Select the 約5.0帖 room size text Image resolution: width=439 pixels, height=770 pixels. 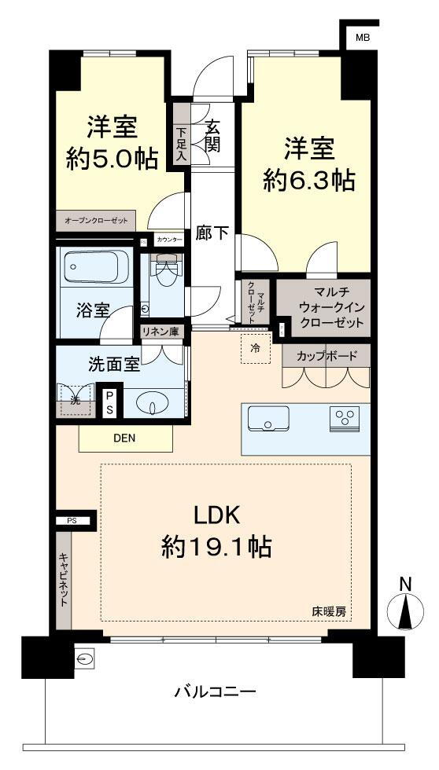point(113,159)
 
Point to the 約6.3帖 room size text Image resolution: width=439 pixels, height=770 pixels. point(308,180)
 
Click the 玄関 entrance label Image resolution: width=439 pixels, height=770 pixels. point(212,136)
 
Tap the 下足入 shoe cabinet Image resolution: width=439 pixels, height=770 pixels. point(182,137)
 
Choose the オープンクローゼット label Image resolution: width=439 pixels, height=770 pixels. point(96,221)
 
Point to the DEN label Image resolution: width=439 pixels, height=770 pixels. point(125,438)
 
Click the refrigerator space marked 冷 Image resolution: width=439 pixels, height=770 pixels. point(256,349)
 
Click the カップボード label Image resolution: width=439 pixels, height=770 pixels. point(326,356)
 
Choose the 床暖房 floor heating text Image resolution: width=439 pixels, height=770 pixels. point(329,611)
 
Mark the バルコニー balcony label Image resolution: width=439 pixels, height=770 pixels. point(216,692)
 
